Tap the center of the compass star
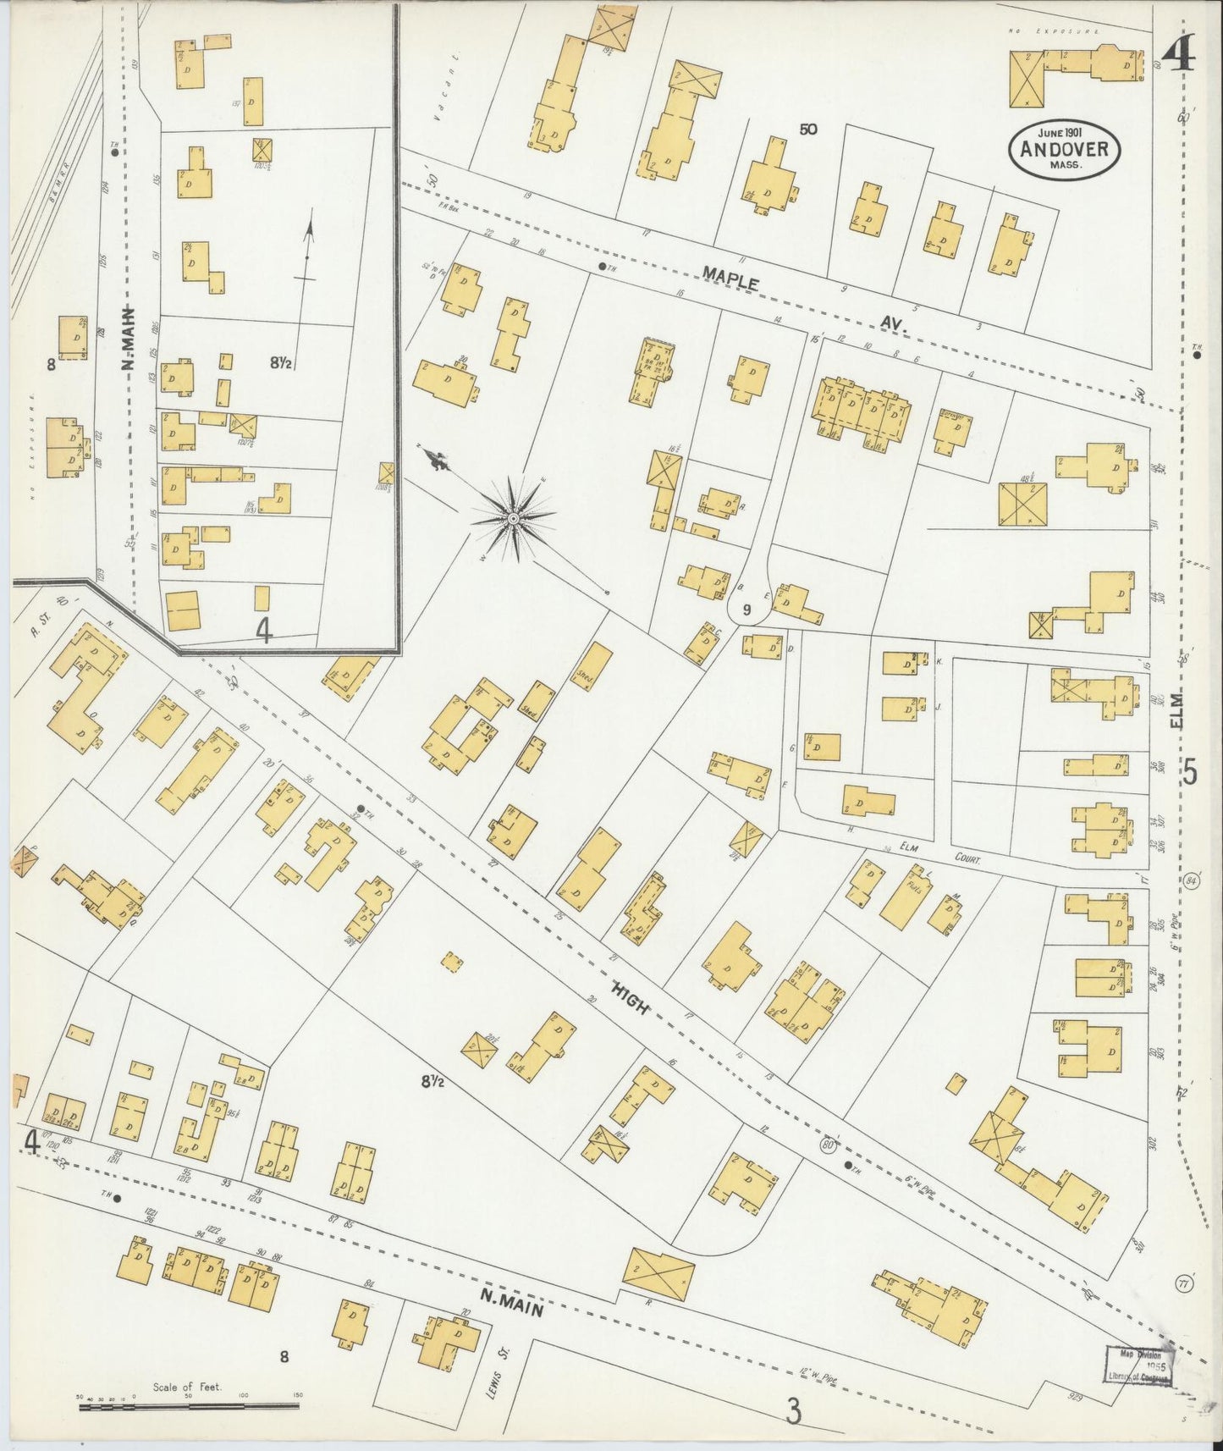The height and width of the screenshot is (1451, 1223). (513, 517)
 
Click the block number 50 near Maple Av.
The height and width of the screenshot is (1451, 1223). (807, 130)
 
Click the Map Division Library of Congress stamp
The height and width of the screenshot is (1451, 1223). (1139, 1365)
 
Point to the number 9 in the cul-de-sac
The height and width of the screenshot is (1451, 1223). (746, 609)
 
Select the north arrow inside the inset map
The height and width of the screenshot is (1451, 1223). (308, 250)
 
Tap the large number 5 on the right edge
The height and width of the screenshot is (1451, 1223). (1190, 773)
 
